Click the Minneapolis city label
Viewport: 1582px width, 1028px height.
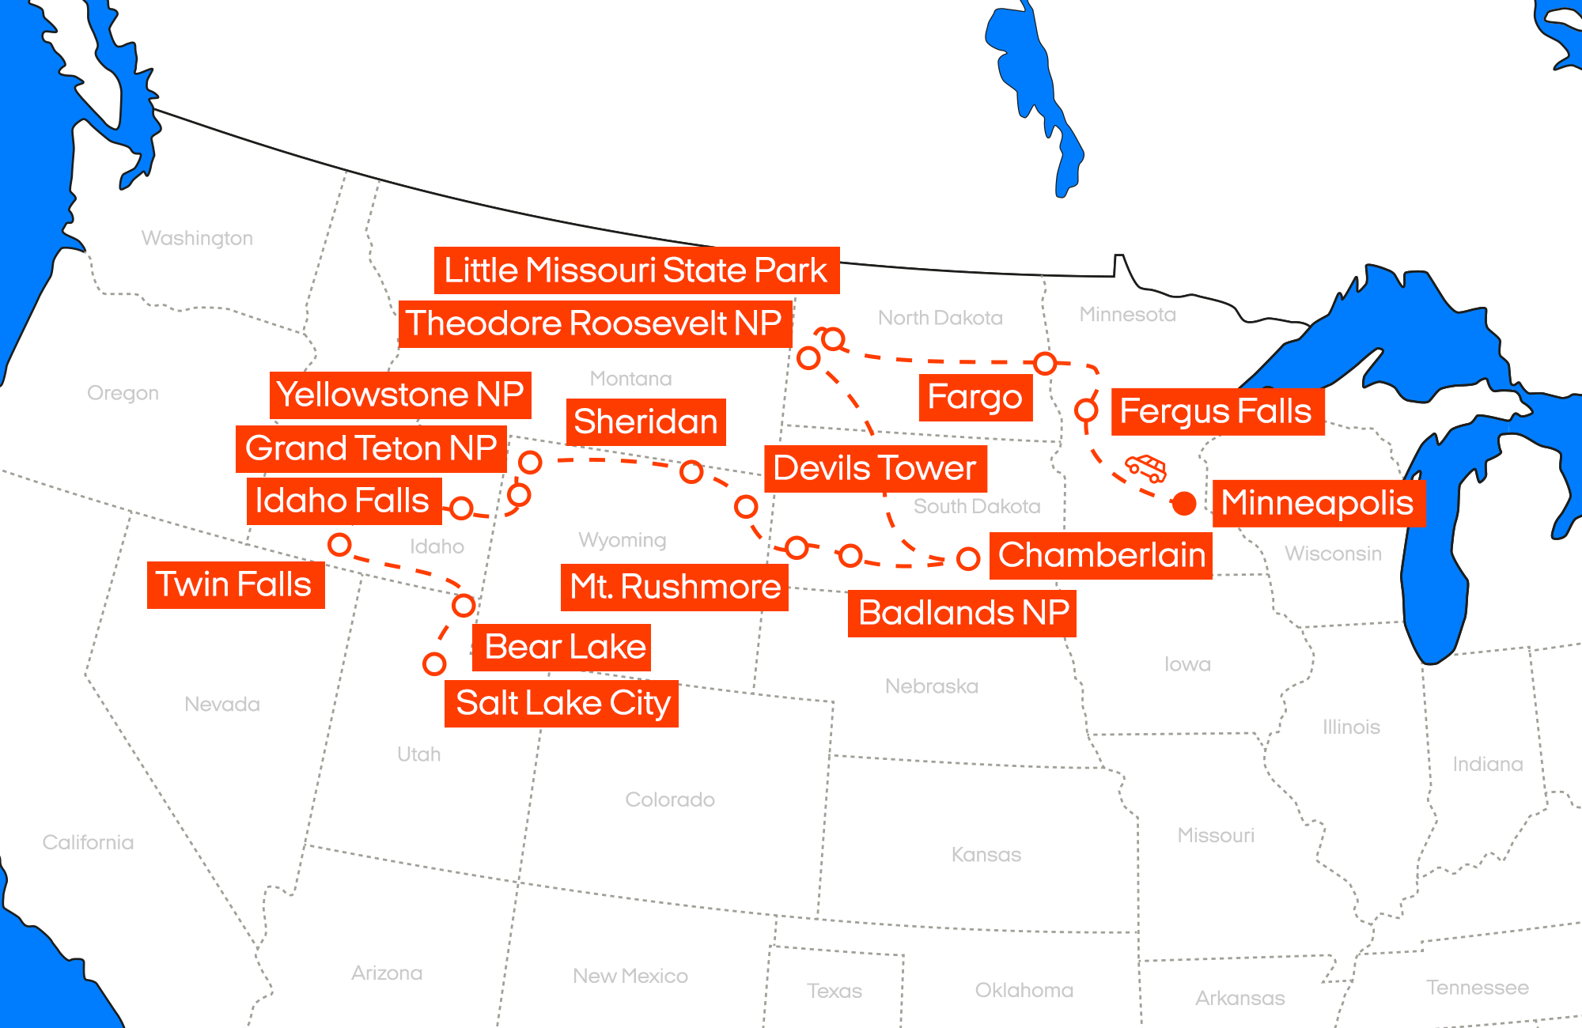(1318, 503)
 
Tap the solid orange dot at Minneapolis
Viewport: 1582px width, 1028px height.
(1184, 503)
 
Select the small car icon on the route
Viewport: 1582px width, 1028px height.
(1147, 467)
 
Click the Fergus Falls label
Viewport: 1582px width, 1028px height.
(1217, 411)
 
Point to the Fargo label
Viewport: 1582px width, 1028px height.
(975, 397)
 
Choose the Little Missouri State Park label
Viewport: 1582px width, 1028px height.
(636, 270)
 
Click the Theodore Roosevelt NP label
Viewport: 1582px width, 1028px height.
(594, 323)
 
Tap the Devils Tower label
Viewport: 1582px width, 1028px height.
(875, 468)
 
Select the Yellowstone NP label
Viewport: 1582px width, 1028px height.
(400, 395)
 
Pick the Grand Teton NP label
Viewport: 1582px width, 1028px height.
(371, 448)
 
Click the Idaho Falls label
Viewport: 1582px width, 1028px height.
(343, 501)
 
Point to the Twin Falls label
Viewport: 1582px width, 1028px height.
(235, 584)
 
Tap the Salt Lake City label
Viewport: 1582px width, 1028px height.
(562, 703)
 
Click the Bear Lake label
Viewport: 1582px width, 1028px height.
(565, 647)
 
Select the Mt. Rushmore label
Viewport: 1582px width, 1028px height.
(675, 587)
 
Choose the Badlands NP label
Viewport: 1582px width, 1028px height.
(963, 613)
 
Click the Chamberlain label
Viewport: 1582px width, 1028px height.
(1101, 555)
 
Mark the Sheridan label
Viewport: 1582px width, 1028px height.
(645, 421)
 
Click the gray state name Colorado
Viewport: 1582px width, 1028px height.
(670, 799)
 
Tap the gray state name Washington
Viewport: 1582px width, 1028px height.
(197, 238)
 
